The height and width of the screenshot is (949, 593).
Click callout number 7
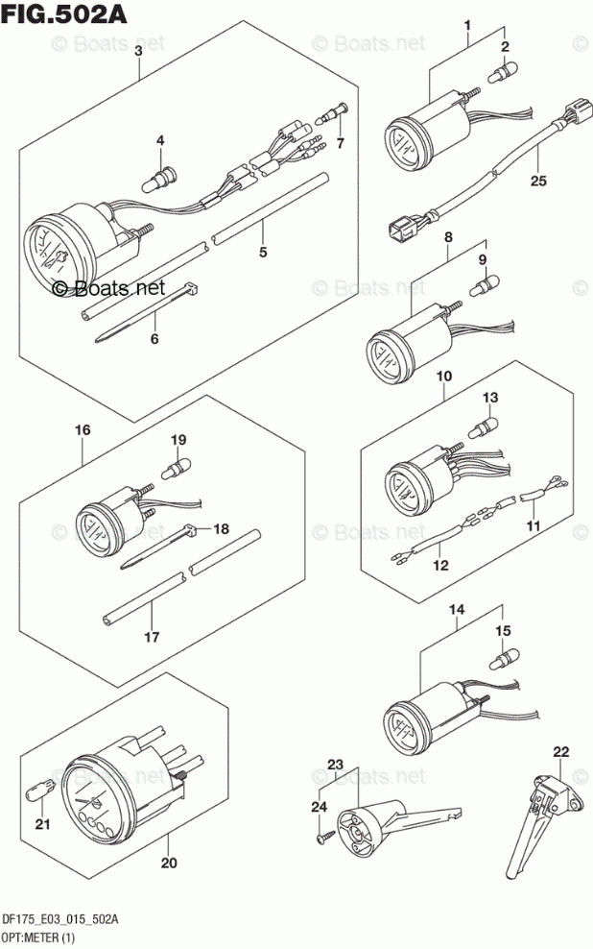click(x=337, y=143)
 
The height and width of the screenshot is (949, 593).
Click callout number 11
click(x=533, y=527)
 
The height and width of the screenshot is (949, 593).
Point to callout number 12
click(x=440, y=565)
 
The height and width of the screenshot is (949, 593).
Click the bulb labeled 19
click(x=177, y=468)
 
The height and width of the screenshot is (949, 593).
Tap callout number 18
click(x=222, y=528)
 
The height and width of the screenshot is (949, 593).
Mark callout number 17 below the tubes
click(x=152, y=636)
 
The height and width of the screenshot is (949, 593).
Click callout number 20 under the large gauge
click(x=169, y=863)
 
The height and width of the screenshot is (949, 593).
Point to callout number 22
click(x=561, y=751)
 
